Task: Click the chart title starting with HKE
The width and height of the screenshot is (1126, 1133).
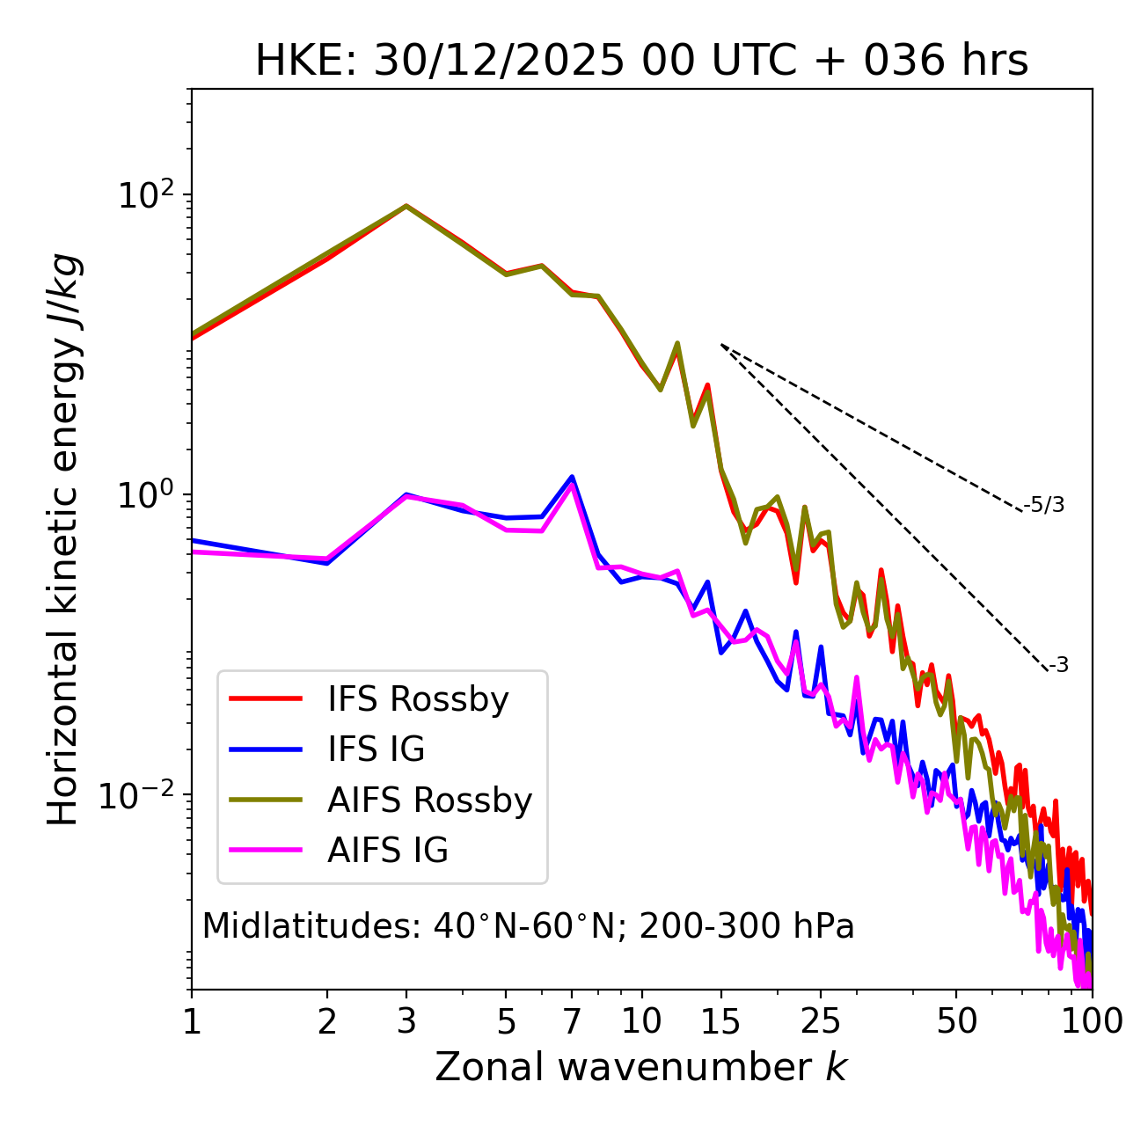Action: pyautogui.click(x=641, y=62)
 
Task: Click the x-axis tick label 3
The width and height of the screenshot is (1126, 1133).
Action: pyautogui.click(x=406, y=1021)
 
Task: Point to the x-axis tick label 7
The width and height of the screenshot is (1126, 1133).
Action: pyautogui.click(x=572, y=1021)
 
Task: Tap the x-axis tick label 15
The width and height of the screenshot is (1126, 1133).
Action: pyautogui.click(x=720, y=1021)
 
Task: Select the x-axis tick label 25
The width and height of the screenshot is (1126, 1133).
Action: pyautogui.click(x=821, y=1021)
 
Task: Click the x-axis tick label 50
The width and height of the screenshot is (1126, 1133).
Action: pyautogui.click(x=956, y=1021)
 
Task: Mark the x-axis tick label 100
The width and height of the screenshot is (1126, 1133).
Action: pyautogui.click(x=1092, y=1021)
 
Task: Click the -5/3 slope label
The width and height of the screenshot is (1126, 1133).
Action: pyautogui.click(x=1044, y=505)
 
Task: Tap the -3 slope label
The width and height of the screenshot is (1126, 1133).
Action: pyautogui.click(x=1058, y=666)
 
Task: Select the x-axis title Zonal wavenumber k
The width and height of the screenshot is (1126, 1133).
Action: pyautogui.click(x=641, y=1067)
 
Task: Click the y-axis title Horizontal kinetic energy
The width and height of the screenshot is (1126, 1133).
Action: pyautogui.click(x=64, y=539)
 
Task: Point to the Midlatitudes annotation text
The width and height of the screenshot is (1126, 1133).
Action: pyautogui.click(x=528, y=926)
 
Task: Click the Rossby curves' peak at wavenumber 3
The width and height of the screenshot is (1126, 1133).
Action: pyautogui.click(x=406, y=206)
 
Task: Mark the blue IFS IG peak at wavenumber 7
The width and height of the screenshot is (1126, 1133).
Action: pyautogui.click(x=572, y=477)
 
